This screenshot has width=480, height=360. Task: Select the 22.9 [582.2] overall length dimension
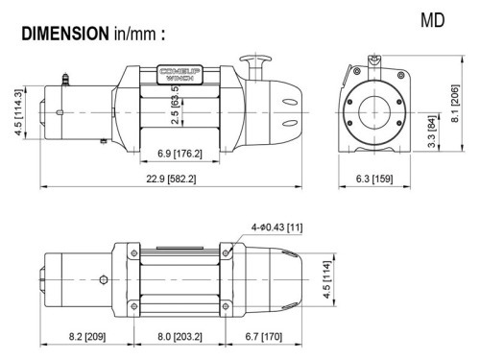tap(168, 180)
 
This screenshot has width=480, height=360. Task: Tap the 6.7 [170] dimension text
tap(262, 338)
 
